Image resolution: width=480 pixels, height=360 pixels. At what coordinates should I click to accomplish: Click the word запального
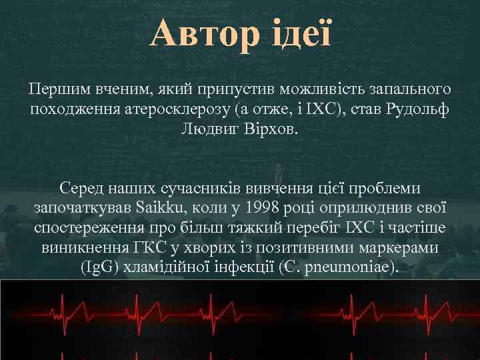(x=409, y=89)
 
